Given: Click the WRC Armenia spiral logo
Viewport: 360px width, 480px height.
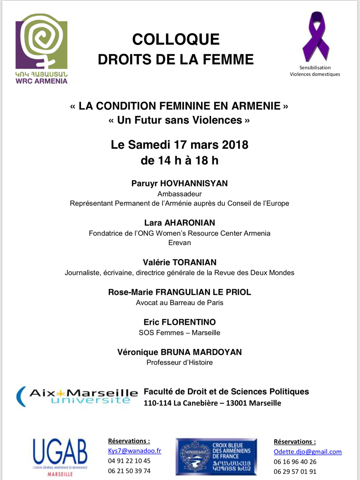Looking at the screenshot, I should [41, 48].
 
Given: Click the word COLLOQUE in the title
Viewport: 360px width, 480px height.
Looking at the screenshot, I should [176, 39].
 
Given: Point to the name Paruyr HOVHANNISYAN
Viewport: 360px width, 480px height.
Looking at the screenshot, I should [180, 183].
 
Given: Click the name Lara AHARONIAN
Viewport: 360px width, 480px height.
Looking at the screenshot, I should [180, 223].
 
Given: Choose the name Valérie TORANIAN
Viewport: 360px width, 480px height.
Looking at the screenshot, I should [180, 262].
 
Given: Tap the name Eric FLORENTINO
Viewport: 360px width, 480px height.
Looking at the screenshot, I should [180, 322].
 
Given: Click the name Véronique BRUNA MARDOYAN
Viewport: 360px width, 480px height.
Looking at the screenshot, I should [180, 352].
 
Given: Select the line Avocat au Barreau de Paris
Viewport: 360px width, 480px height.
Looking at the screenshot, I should [180, 303].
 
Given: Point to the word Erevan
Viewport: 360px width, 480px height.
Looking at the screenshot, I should [180, 243].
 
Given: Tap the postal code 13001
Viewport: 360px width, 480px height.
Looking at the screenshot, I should [236, 403].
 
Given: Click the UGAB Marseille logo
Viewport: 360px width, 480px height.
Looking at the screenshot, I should [60, 456].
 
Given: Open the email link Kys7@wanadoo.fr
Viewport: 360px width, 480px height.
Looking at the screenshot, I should [134, 451].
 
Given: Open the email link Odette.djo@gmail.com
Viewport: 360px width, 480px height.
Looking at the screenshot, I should [308, 452].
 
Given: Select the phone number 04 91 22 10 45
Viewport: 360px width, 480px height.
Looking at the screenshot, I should [129, 461].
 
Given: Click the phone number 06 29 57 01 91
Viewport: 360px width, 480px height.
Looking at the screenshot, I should [295, 472].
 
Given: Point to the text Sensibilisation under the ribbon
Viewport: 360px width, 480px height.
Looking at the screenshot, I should [315, 68].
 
